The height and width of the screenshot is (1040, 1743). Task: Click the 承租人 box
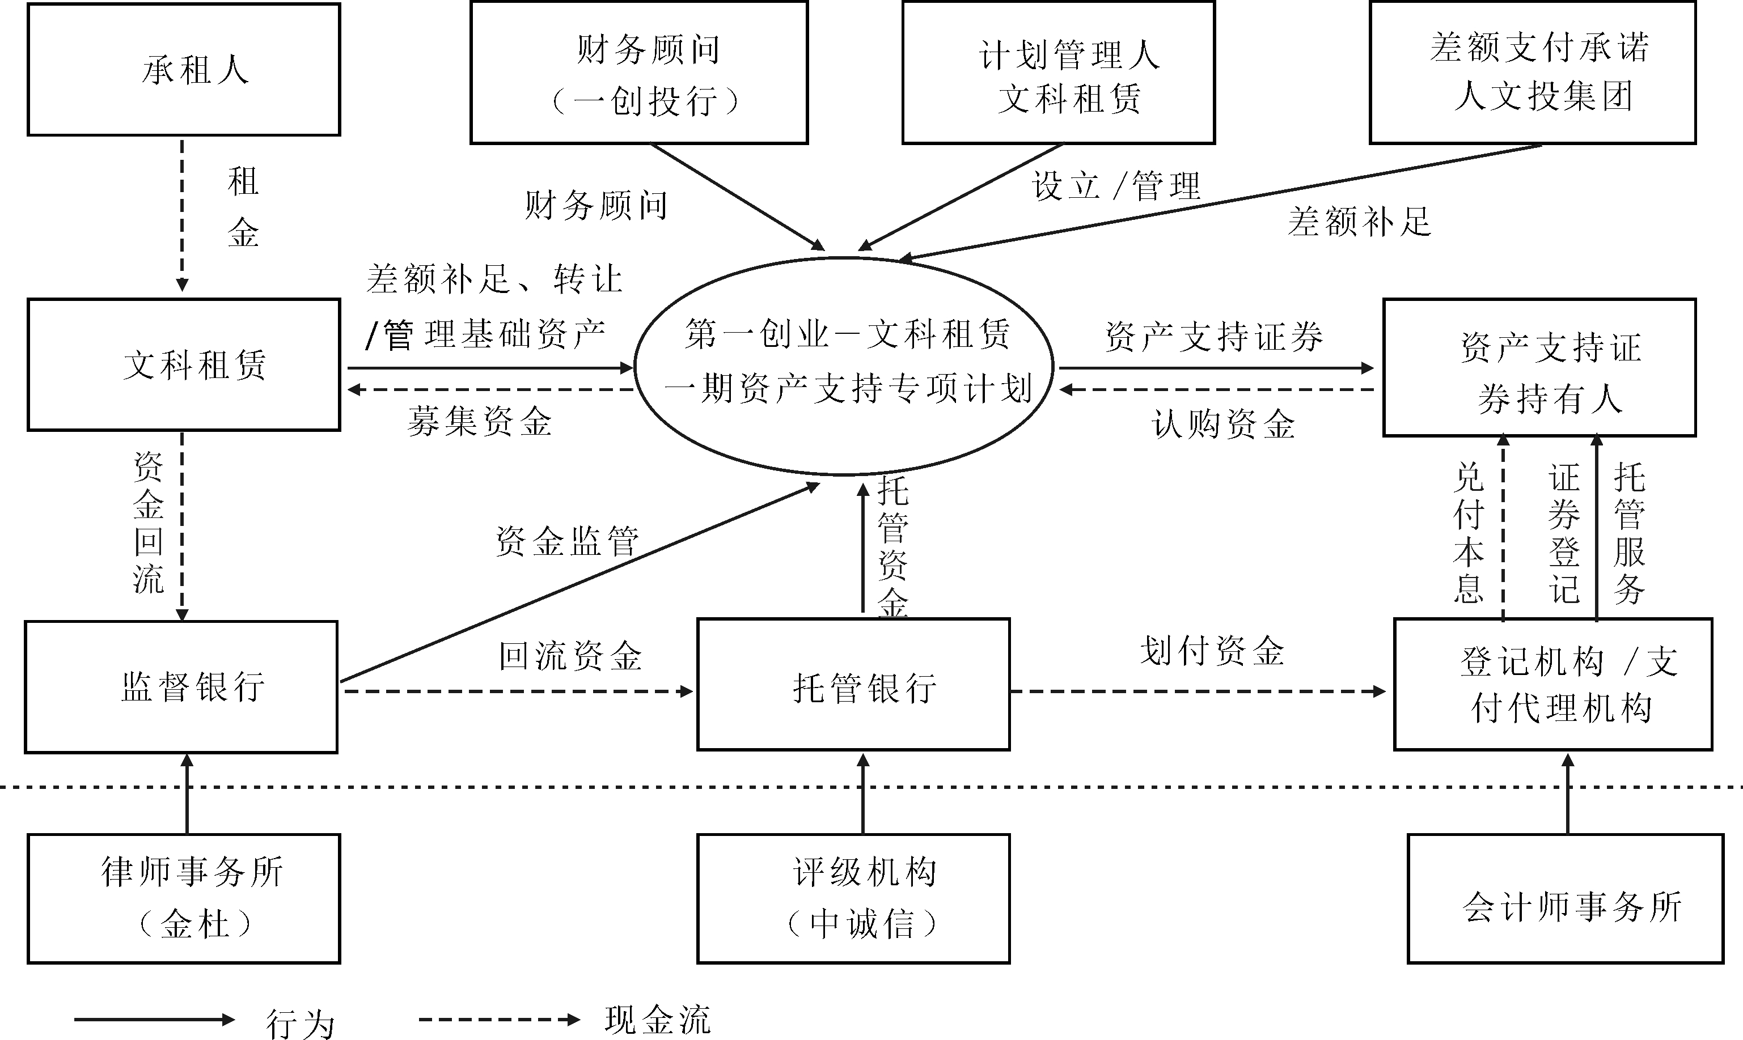[x=184, y=69]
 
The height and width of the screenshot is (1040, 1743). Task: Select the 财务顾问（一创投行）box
[x=638, y=73]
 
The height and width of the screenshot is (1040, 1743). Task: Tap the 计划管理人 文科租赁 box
[x=1058, y=73]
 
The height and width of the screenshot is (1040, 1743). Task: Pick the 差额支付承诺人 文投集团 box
[x=1532, y=73]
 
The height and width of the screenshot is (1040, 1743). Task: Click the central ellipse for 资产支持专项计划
[x=844, y=366]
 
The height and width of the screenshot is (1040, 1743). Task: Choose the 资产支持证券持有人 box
[x=1539, y=368]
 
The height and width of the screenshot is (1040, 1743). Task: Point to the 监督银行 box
[x=181, y=687]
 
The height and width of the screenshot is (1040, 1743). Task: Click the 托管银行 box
[x=853, y=685]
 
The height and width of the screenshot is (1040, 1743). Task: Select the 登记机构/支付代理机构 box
[x=1553, y=685]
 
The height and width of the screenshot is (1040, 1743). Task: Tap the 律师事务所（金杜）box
[x=184, y=898]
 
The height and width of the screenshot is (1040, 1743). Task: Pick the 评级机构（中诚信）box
[x=853, y=898]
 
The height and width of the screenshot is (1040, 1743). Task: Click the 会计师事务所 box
[x=1566, y=898]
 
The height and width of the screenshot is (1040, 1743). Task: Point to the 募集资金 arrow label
[x=480, y=422]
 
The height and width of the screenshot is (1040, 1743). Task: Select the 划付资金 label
[x=1212, y=651]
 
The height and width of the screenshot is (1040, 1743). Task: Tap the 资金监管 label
[x=566, y=542]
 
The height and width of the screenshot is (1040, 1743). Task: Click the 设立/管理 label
[x=1116, y=186]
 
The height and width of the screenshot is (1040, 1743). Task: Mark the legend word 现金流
[x=657, y=1020]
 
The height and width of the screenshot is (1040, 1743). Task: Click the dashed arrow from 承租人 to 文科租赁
[x=182, y=214]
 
